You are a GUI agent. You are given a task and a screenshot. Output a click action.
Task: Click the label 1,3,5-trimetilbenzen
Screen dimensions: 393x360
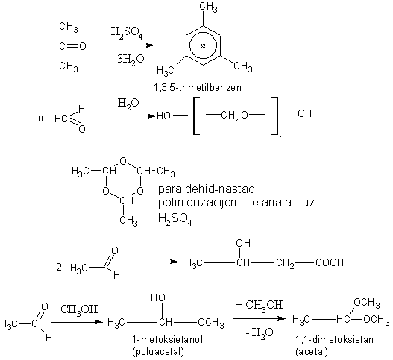tap(198, 88)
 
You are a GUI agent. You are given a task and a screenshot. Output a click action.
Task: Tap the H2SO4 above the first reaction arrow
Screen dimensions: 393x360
tap(127, 33)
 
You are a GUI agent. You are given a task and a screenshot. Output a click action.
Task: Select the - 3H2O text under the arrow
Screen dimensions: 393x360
tap(127, 60)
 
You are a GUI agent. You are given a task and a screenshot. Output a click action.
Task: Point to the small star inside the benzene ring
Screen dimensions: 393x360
tap(204, 46)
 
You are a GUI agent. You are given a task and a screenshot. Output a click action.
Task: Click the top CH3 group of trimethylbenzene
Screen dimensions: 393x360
tap(209, 7)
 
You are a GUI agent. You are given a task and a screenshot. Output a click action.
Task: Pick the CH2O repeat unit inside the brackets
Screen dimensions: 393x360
tap(235, 116)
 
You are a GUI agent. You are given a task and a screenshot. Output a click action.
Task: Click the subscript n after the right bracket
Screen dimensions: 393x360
tap(281, 138)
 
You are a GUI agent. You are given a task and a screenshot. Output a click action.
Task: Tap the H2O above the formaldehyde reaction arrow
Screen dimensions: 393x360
tap(128, 104)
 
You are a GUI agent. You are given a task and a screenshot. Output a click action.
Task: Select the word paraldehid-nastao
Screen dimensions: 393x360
tap(207, 189)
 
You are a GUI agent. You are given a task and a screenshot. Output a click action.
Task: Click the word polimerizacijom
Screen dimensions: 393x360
tap(199, 203)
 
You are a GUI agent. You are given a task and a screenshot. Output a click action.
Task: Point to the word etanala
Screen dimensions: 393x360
tap(271, 202)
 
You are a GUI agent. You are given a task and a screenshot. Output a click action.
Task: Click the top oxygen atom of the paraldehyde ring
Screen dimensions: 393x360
tap(123, 161)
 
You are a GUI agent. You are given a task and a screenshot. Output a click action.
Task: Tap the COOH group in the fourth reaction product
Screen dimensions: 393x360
tap(330, 262)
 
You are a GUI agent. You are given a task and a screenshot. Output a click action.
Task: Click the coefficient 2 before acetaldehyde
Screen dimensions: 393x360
tap(59, 268)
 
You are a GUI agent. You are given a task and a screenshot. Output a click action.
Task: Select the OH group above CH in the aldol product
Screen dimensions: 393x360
tap(243, 243)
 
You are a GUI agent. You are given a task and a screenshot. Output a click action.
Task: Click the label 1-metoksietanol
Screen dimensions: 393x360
tap(168, 339)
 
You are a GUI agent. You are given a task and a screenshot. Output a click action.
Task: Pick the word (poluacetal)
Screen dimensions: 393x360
tap(158, 352)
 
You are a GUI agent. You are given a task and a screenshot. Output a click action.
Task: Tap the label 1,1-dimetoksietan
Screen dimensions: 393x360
tap(334, 339)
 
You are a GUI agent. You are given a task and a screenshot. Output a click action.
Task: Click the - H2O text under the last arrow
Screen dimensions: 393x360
tap(260, 333)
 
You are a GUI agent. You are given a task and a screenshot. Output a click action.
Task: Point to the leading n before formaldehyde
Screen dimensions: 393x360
tap(40, 118)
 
